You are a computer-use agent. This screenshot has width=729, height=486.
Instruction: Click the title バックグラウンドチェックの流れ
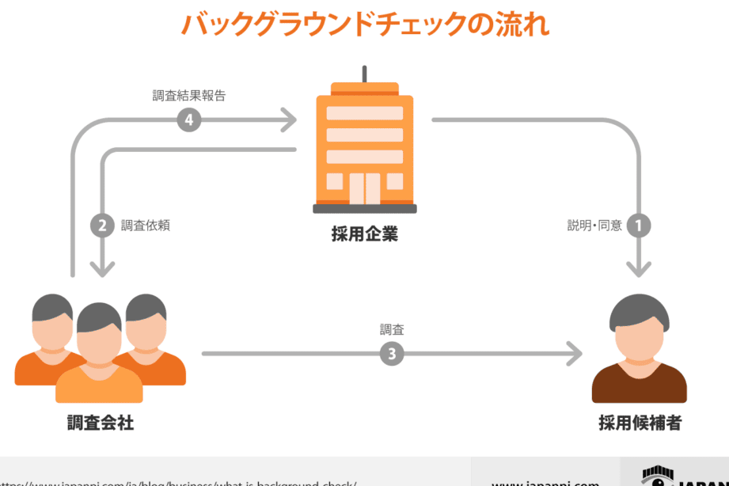365,24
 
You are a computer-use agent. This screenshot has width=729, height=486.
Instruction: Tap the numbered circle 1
639,226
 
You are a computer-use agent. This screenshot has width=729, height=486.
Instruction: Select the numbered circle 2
102,226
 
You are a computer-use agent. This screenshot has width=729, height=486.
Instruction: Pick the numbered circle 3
391,354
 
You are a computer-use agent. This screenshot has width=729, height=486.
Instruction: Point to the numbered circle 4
188,120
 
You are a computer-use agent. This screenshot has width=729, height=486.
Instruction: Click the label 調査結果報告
189,97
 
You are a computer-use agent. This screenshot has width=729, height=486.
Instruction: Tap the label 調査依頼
146,226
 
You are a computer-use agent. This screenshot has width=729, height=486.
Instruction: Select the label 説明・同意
594,226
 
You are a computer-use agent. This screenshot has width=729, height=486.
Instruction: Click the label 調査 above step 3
392,329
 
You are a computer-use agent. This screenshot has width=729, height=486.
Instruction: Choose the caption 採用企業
365,234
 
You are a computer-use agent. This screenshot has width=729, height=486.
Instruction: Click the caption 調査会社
101,423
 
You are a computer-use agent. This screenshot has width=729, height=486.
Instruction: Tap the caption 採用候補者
640,423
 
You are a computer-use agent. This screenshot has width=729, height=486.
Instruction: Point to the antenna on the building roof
365,74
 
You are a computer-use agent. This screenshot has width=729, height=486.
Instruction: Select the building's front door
365,188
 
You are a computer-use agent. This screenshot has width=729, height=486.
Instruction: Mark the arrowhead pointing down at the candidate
639,268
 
